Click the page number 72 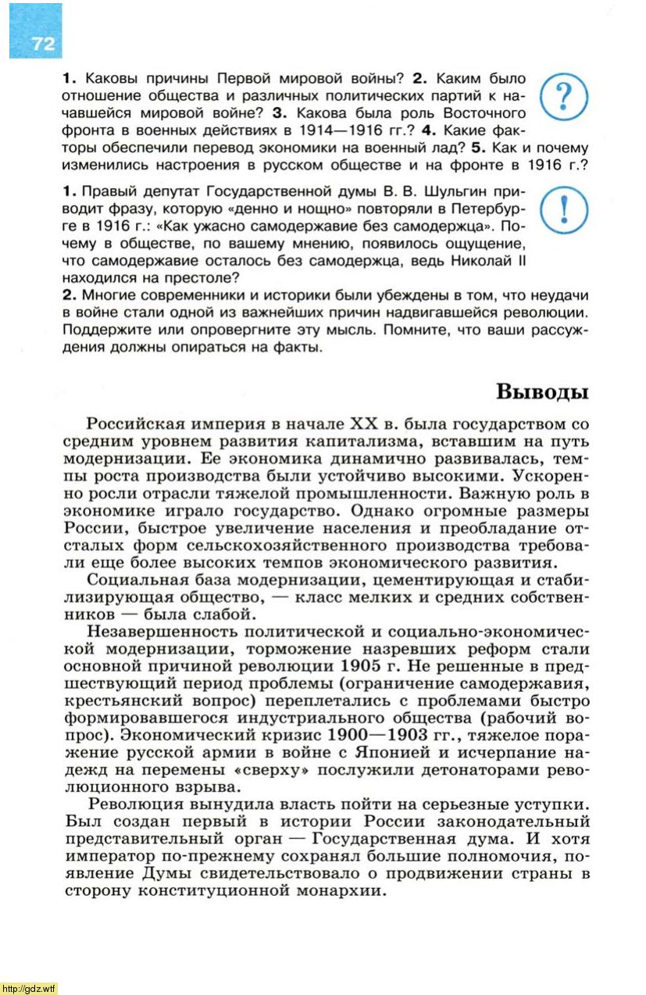point(44,44)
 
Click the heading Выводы point(542,391)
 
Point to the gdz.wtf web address point(30,988)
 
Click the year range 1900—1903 point(376,735)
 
